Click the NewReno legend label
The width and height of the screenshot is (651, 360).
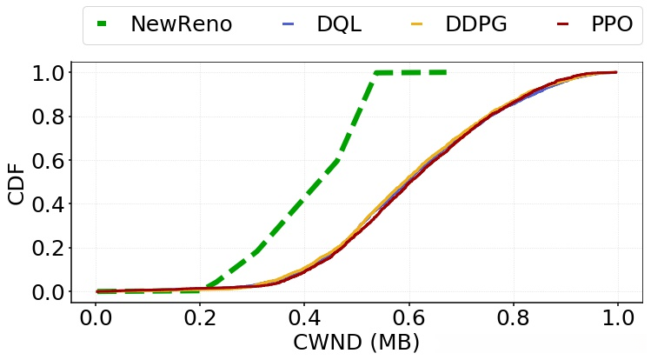(x=181, y=24)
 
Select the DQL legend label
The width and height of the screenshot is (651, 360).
(x=339, y=24)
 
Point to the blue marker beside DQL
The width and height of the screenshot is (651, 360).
(x=289, y=24)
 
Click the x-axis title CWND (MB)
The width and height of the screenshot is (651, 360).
(x=356, y=342)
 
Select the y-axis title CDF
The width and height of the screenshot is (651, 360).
(x=17, y=182)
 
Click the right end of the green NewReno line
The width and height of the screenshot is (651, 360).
(x=445, y=72)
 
